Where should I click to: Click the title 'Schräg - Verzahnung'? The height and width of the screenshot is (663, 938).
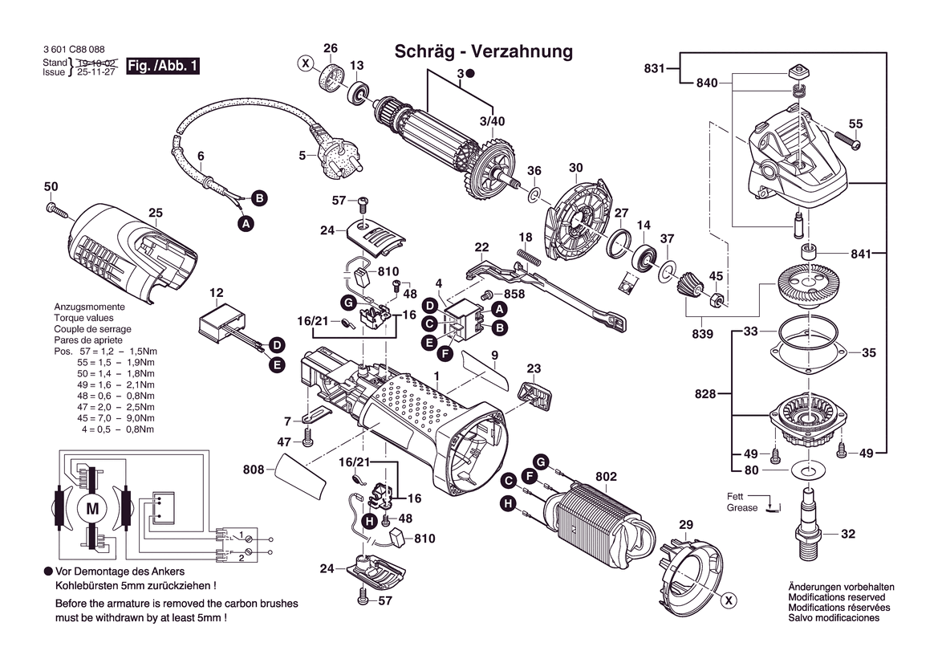483,52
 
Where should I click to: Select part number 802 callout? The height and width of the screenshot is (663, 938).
606,477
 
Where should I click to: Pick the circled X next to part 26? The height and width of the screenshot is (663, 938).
305,62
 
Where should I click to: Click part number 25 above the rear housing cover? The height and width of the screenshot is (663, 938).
156,213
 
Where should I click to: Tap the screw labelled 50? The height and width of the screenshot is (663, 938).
59,211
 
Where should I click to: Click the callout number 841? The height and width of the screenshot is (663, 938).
860,254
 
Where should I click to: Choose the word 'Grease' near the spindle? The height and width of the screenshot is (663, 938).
742,508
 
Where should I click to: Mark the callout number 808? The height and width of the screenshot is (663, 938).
253,470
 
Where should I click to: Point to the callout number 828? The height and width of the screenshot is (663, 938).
706,394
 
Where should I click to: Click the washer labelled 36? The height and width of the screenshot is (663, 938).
534,196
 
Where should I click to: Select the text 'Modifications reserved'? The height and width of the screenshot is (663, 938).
836,597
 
